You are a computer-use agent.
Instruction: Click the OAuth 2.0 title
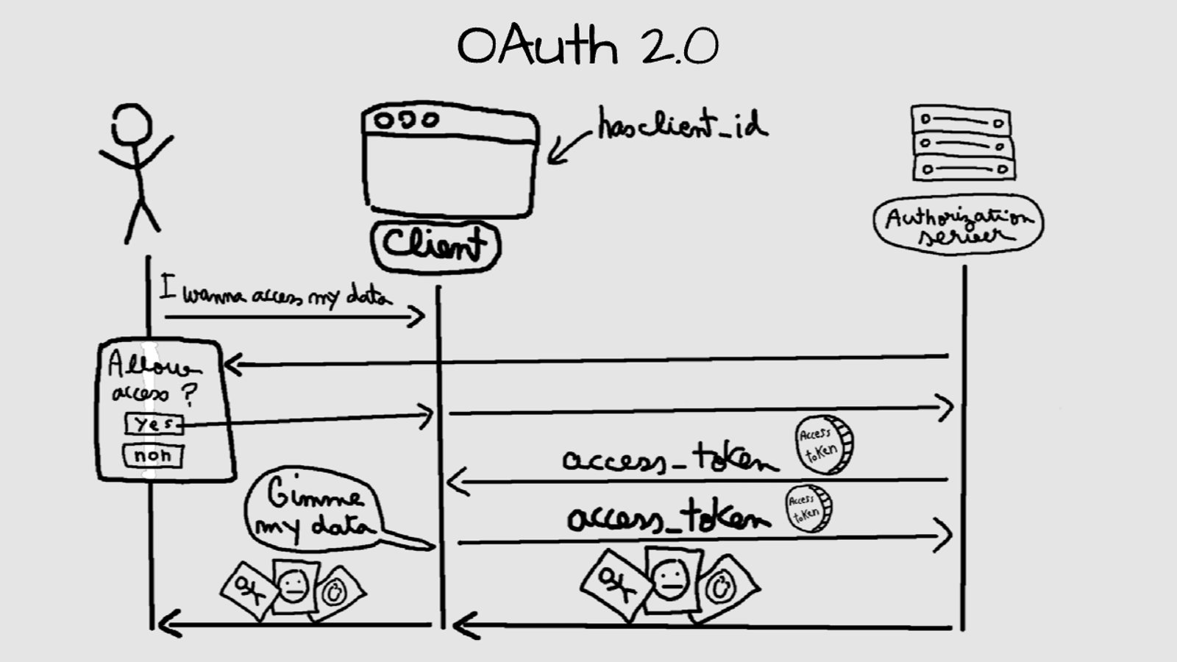[x=587, y=46]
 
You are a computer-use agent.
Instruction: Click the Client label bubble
[x=435, y=245]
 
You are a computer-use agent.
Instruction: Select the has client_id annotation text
[x=681, y=125]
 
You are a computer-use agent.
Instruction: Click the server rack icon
[x=962, y=143]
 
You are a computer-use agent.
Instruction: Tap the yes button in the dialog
[x=153, y=424]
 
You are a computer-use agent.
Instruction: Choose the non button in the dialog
[x=152, y=455]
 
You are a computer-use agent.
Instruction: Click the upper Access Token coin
[x=824, y=444]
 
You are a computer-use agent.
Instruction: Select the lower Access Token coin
[x=807, y=509]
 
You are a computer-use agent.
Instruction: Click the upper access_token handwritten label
[x=669, y=459]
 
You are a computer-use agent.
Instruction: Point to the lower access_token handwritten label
[x=668, y=516]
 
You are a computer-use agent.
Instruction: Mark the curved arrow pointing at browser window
[x=566, y=147]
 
